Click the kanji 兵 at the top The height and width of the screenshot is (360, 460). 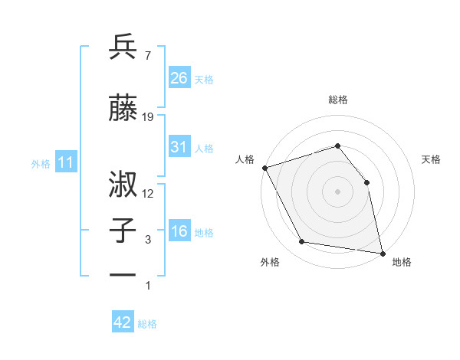point(123,47)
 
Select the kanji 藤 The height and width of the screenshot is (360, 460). point(123,109)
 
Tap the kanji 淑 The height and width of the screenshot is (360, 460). point(123,185)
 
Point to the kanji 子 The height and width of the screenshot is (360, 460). point(123,231)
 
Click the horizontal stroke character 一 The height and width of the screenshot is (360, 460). point(123,273)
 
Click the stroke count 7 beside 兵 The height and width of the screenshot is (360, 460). point(147,55)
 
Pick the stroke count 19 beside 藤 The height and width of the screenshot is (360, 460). point(149,117)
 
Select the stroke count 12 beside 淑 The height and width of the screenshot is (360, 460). point(149,193)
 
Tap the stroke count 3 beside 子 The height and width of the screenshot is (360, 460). point(148,240)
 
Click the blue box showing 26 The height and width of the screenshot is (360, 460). point(179,77)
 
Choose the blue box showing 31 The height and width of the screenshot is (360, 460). point(179,147)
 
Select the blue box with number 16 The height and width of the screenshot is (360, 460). point(179,231)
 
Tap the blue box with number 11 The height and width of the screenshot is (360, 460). point(66,162)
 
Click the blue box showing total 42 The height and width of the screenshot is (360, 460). point(123,322)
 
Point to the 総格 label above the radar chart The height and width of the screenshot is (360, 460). point(338,100)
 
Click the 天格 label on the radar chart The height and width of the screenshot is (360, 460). point(432,159)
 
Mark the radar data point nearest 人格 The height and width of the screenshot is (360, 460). point(264,168)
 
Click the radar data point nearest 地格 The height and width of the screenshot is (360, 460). point(382,253)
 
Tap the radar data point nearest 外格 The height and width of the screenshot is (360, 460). point(302,243)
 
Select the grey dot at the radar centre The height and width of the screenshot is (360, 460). point(338,191)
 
